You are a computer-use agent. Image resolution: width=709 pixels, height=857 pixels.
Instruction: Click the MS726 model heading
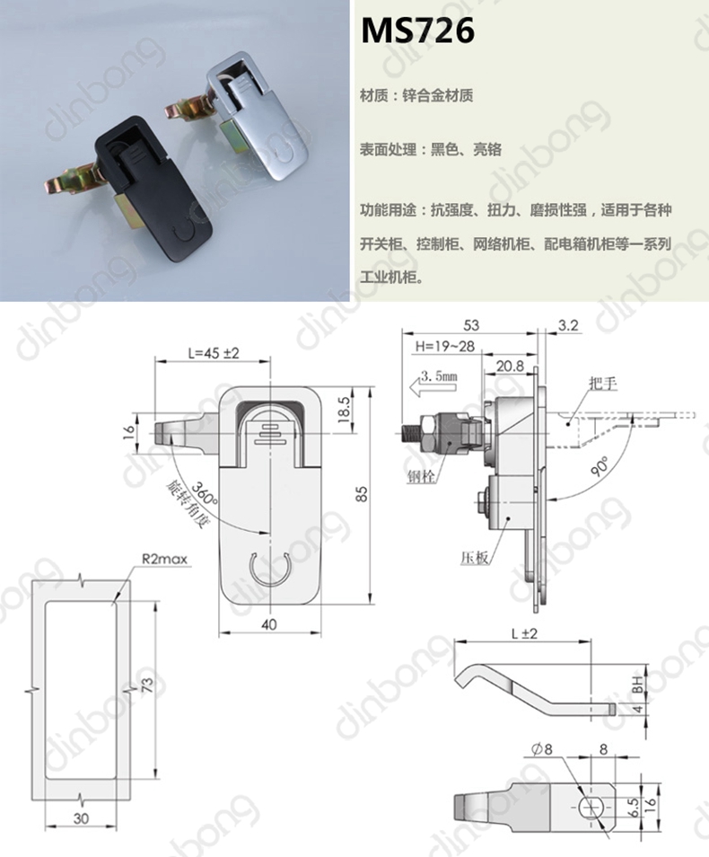(418, 31)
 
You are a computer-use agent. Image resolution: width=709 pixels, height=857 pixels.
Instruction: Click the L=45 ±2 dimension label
(214, 353)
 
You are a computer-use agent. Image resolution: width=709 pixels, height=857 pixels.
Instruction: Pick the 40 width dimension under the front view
(269, 624)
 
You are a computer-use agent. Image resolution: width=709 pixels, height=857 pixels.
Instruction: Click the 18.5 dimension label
(344, 410)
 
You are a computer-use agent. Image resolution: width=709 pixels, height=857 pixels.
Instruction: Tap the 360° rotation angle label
(205, 493)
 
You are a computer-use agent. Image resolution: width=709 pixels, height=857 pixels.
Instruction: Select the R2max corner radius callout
(164, 559)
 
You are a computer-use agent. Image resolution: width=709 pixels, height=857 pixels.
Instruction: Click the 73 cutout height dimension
(147, 685)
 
